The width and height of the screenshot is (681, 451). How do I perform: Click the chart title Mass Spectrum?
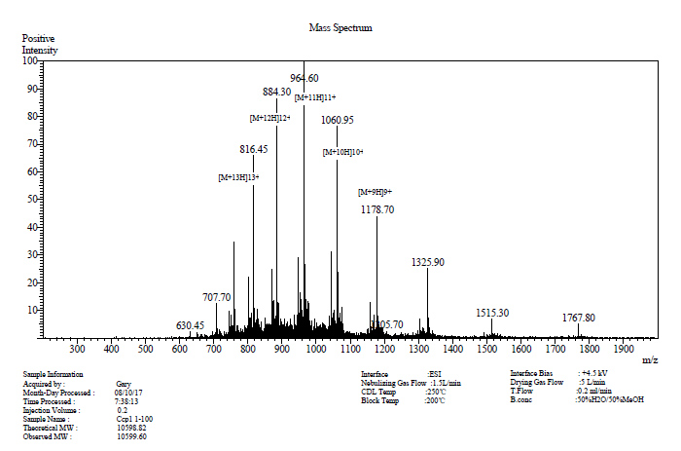[x=340, y=28]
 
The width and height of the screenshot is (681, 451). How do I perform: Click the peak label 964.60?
[x=305, y=78]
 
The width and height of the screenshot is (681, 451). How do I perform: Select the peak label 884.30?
[x=277, y=92]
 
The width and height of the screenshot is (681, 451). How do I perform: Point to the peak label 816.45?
[x=254, y=149]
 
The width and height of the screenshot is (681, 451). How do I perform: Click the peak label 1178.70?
[x=377, y=209]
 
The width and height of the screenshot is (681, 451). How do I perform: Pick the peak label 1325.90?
[x=428, y=262]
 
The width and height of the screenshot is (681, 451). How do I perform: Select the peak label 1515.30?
[x=492, y=313]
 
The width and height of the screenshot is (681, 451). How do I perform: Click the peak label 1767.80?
[x=579, y=318]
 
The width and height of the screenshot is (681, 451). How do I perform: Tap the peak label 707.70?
[x=217, y=297]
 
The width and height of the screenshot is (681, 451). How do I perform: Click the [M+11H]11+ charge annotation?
[x=315, y=96]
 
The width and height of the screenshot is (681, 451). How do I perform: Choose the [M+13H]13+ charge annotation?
[x=238, y=177]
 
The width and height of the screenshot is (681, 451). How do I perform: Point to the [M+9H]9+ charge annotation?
[x=375, y=192]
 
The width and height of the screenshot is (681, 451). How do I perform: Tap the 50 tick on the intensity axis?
[x=32, y=199]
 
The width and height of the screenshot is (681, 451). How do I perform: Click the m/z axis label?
[x=650, y=359]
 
